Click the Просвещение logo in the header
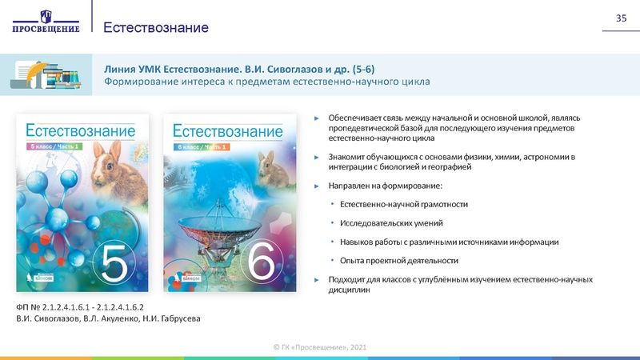(x=46, y=22)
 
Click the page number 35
(x=620, y=18)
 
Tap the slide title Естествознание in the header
(x=156, y=28)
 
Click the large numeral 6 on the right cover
(x=261, y=262)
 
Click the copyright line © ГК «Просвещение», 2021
(x=319, y=346)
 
